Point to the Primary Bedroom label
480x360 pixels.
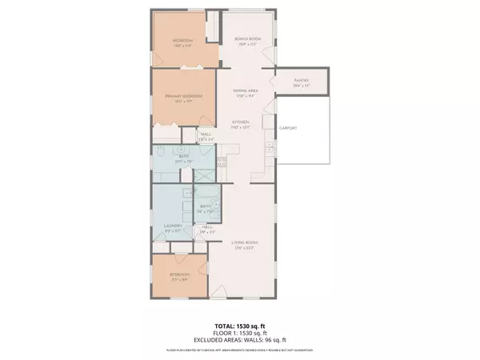pos(183,97)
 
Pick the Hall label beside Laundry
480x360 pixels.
pos(206,228)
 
